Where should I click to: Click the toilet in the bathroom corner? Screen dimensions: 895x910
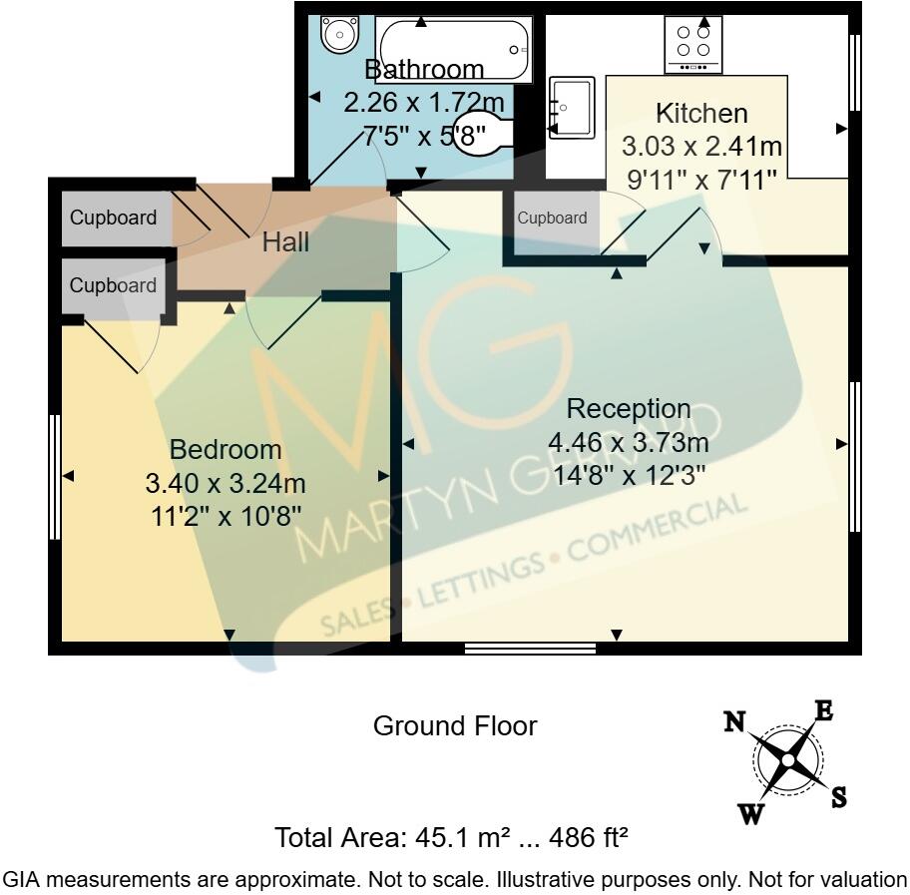point(338,35)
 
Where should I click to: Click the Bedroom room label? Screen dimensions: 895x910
point(225,450)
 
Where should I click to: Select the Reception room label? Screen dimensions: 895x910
point(628,409)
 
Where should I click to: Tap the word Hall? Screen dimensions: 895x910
point(285,242)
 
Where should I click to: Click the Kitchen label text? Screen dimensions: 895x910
point(700,113)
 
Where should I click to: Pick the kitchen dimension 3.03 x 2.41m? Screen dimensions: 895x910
point(700,148)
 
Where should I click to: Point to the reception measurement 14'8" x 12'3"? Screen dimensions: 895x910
point(628,475)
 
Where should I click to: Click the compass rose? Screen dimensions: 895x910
point(787,761)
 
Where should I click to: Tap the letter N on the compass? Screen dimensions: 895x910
point(735,721)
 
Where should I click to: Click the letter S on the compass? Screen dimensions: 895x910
point(839,797)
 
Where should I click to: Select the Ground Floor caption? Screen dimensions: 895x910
point(454,726)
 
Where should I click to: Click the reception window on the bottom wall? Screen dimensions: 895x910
point(530,649)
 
